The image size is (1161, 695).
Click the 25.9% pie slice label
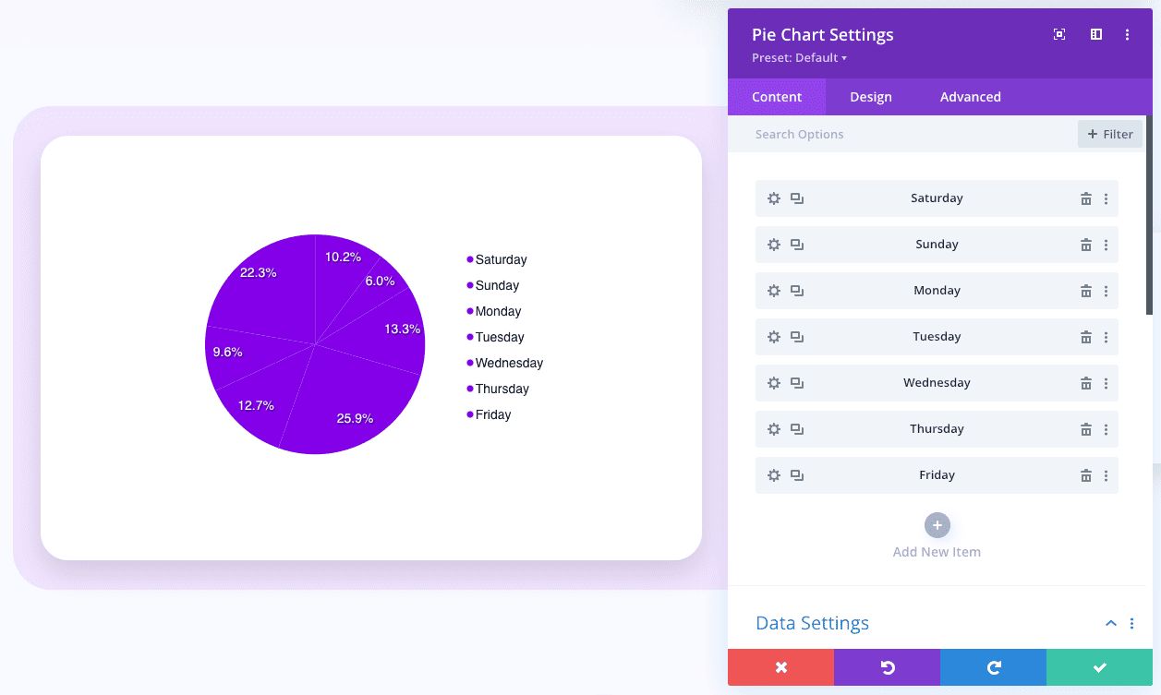pos(355,418)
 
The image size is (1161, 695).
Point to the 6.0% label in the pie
pos(380,281)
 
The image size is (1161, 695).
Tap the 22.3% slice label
pos(258,272)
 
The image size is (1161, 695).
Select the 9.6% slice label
pos(227,352)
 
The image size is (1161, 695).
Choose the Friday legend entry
pos(492,414)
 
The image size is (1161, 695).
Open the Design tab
pos(871,97)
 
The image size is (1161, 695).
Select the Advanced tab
pos(970,97)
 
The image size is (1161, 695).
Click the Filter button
pos(1110,134)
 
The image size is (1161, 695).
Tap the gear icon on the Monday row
pos(774,291)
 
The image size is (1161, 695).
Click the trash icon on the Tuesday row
pos(1086,337)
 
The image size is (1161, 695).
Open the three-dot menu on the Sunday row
pos(1106,245)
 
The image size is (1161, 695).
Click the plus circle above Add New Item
pos(937,525)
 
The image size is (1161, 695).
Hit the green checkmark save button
pos(1099,667)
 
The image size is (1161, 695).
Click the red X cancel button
pos(780,667)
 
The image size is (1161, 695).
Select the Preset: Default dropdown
pos(799,57)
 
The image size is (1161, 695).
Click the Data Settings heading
pos(812,623)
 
